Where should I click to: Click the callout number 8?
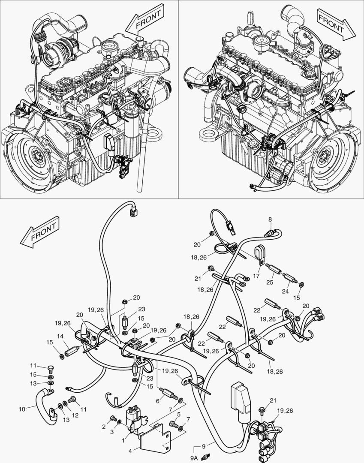(x=270, y=219)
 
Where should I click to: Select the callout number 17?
(x=256, y=277)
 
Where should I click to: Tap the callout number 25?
(x=269, y=282)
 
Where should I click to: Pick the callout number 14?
(x=60, y=336)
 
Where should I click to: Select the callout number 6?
(x=158, y=401)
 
